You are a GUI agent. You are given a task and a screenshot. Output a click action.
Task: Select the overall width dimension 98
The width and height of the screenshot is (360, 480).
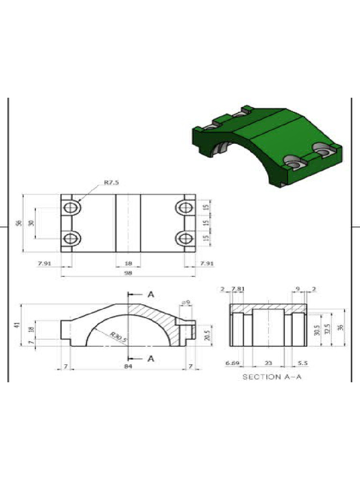tap(128, 272)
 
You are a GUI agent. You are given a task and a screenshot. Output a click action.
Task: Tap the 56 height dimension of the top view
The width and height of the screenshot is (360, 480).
tap(19, 223)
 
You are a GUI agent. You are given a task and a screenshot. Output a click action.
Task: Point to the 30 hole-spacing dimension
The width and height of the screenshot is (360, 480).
tap(32, 223)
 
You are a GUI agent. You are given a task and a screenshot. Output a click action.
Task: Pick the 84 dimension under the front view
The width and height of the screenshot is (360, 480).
tap(128, 366)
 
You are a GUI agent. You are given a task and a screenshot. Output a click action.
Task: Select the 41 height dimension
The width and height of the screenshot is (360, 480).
tap(17, 325)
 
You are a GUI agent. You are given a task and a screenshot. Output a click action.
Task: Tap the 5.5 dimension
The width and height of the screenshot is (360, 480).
tap(302, 363)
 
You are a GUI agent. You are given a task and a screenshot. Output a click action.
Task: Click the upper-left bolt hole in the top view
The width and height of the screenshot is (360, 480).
tap(71, 207)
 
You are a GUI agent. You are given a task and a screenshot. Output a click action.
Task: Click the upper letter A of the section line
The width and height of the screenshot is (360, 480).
tap(151, 294)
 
